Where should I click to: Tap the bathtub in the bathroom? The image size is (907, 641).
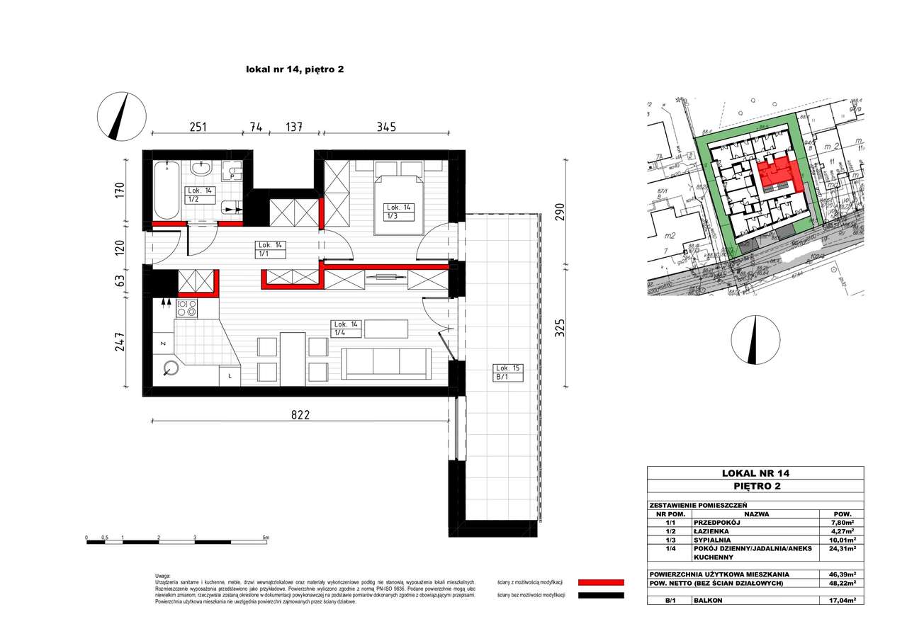tap(167, 190)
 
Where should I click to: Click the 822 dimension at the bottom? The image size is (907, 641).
tap(300, 414)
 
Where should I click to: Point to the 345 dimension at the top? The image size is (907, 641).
tap(385, 127)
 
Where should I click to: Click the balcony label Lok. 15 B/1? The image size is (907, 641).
tap(507, 373)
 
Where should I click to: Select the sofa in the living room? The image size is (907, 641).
tap(386, 363)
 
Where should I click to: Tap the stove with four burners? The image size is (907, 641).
tap(187, 308)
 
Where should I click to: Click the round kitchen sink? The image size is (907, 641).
tap(171, 368)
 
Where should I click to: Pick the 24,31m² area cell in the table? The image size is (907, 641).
tap(843, 548)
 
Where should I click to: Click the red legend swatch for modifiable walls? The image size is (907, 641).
tap(601, 582)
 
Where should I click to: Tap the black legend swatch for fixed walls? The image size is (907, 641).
tap(601, 596)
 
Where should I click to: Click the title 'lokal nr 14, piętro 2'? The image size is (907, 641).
tap(294, 69)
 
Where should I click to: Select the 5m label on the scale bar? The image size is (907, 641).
tap(265, 538)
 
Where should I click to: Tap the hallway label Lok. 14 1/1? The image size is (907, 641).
tap(269, 249)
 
